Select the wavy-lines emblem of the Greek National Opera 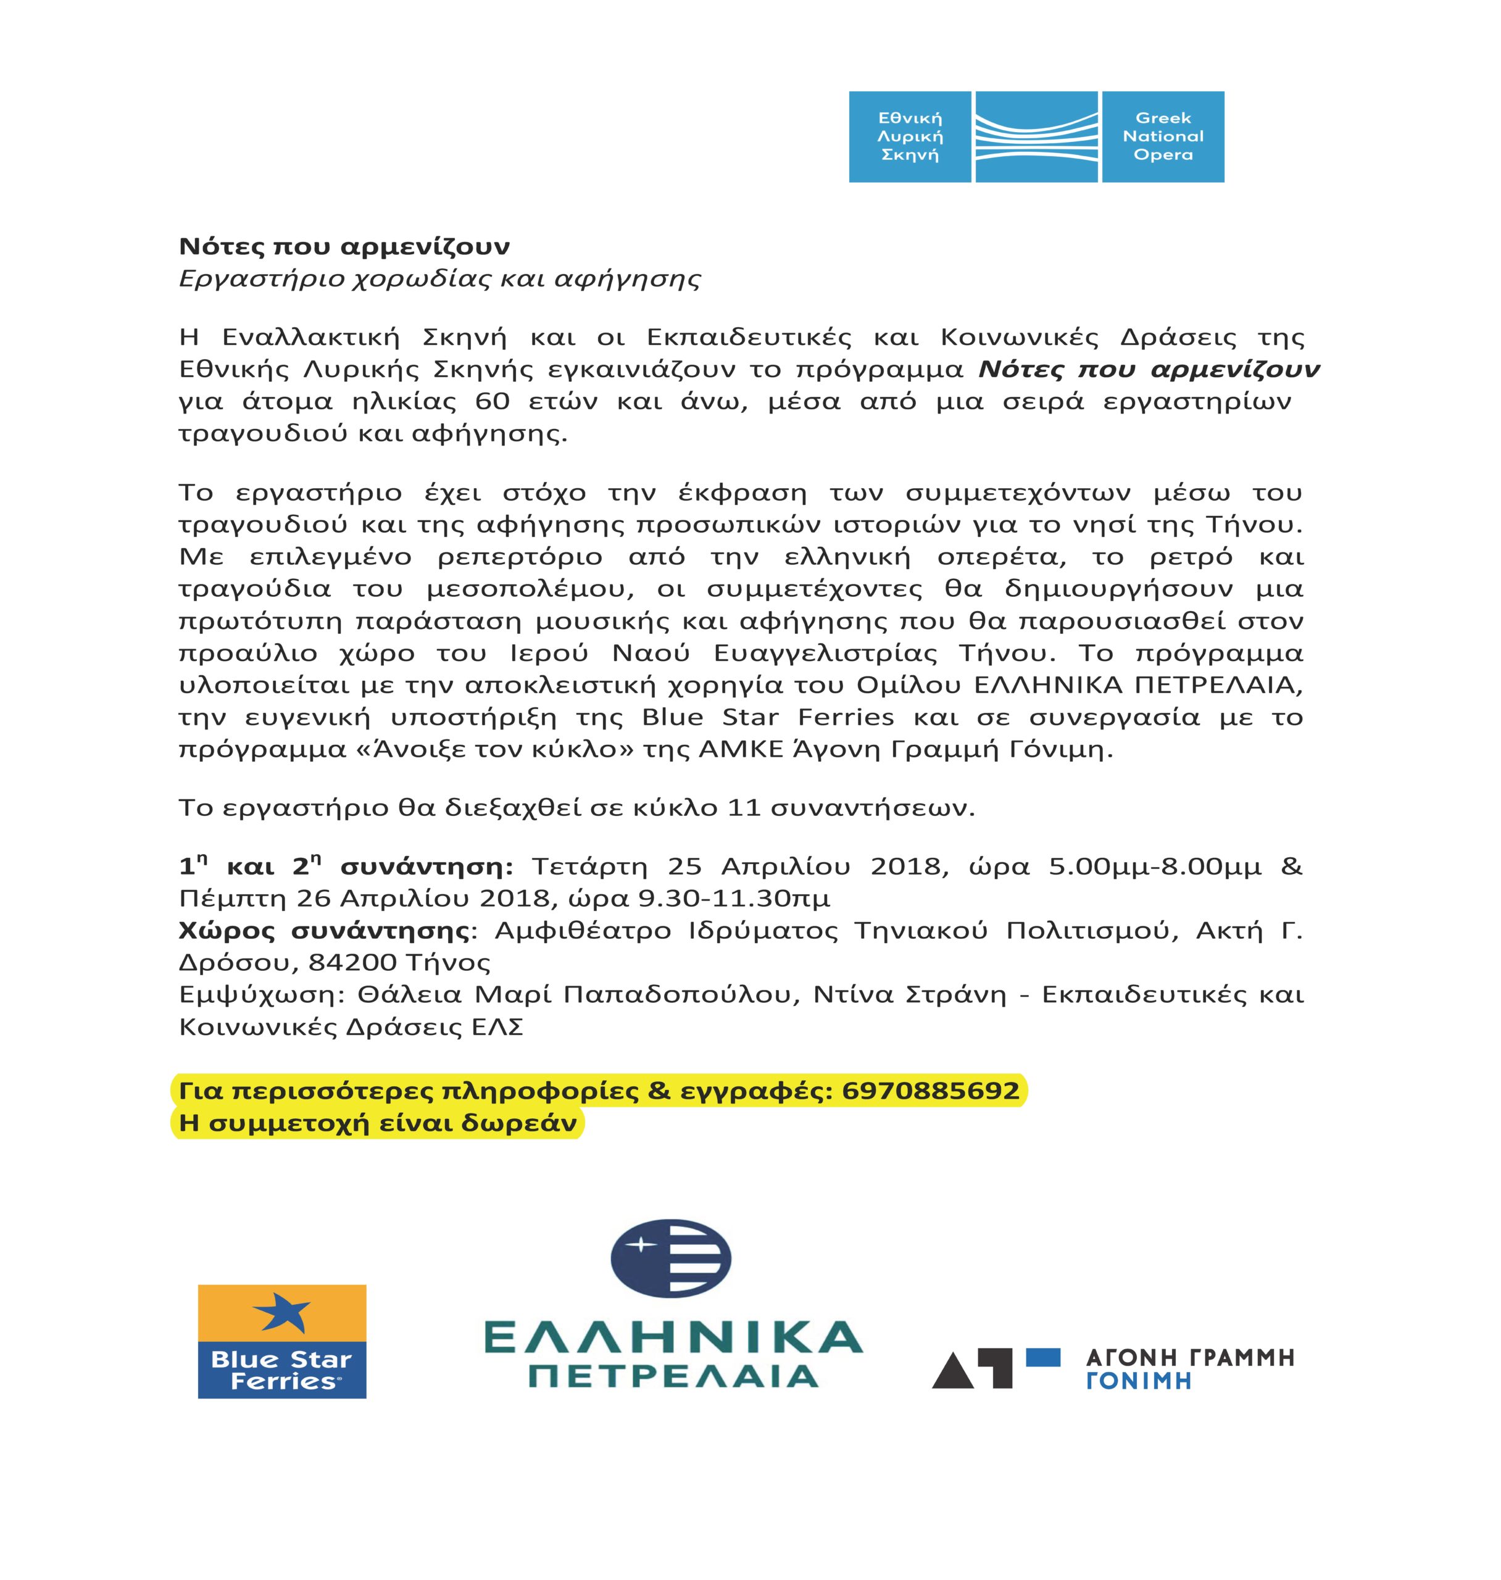[1036, 137]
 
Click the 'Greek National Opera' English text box [1163, 137]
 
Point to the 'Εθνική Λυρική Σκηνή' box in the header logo [910, 137]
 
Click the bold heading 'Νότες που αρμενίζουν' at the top [344, 246]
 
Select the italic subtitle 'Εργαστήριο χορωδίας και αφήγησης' [439, 279]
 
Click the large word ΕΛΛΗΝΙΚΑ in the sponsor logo [673, 1337]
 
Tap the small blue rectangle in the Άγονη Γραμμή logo [1042, 1357]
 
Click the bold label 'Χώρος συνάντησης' [324, 930]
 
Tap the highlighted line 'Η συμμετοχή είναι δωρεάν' [378, 1123]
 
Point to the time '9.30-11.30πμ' [734, 899]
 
